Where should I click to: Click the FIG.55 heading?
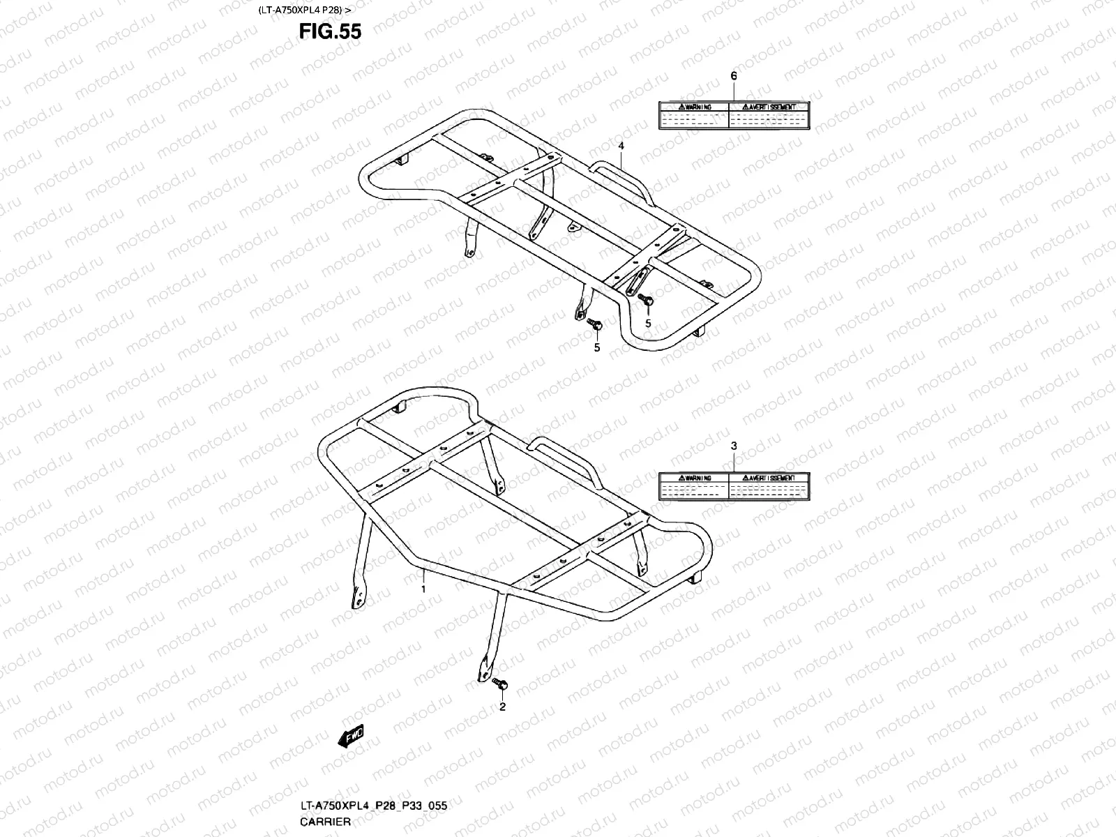coord(330,31)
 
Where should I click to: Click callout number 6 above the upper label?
coord(733,75)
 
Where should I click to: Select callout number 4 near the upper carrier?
coord(621,146)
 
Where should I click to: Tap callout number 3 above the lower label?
coord(734,445)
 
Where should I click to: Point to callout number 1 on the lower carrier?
coord(422,589)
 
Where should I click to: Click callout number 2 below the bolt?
coord(502,707)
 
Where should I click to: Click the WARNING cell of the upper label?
coord(694,107)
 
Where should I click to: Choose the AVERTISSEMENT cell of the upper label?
coord(769,107)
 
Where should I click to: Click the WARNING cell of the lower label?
coord(694,478)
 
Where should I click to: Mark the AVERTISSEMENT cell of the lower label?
coord(769,478)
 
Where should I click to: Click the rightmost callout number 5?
coord(647,323)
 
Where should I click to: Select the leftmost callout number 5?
coord(596,347)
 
